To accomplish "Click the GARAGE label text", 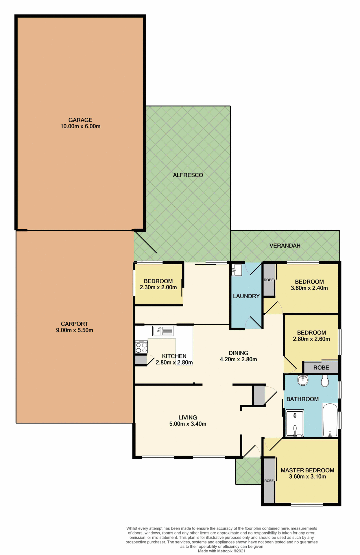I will (x=80, y=120).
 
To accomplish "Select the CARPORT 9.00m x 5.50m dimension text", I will (x=75, y=330).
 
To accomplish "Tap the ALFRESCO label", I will (x=188, y=175).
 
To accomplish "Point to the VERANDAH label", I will (x=285, y=245).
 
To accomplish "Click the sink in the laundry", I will (x=237, y=270).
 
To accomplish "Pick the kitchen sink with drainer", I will (x=163, y=331).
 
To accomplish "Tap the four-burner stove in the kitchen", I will (x=141, y=347).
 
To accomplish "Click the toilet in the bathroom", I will (x=325, y=381).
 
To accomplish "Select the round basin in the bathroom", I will (x=303, y=380).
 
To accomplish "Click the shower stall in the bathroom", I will (x=295, y=423).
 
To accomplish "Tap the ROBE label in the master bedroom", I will (x=269, y=480).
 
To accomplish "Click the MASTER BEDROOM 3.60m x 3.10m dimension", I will (x=307, y=476).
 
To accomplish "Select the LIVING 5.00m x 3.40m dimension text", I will (x=188, y=424).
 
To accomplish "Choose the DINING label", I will (x=238, y=353).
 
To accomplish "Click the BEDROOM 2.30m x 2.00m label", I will (x=158, y=284).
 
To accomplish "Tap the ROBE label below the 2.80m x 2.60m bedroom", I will (x=321, y=367).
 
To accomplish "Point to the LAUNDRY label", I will (x=246, y=296).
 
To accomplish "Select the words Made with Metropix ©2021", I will (x=221, y=551).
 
